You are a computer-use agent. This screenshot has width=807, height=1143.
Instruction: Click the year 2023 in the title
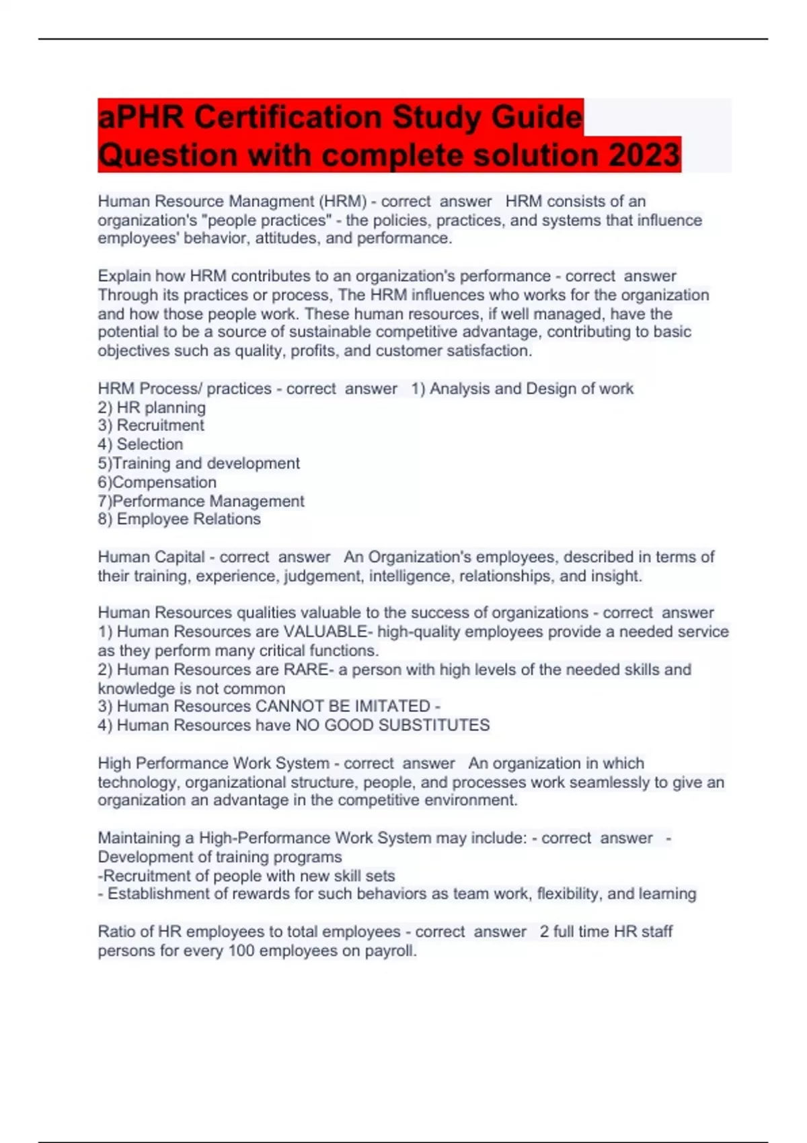pos(644,155)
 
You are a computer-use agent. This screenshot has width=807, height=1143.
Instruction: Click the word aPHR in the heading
pos(141,117)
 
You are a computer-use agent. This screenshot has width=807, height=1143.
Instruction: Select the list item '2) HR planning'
pos(152,407)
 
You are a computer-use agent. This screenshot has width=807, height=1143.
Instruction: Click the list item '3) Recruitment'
pos(151,426)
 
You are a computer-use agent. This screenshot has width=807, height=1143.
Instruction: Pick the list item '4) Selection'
pos(140,444)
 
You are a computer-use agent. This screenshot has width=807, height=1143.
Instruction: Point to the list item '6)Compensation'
pos(157,482)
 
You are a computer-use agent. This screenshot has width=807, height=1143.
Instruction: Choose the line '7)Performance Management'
pos(201,501)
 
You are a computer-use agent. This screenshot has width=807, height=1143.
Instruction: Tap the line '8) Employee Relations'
pos(179,519)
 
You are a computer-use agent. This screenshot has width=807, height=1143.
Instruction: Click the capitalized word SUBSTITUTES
pos(434,725)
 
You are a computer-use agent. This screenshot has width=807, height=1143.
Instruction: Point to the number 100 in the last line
pos(241,951)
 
